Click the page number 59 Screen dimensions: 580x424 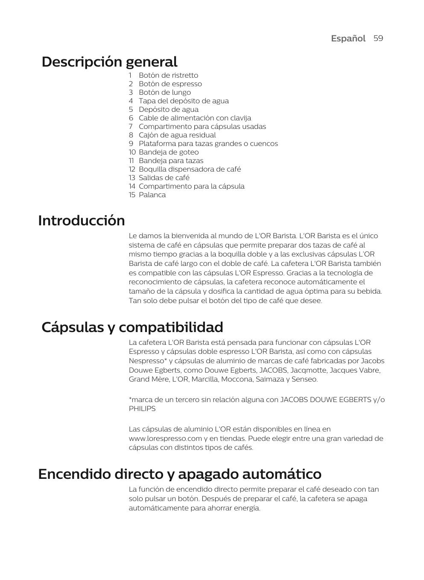click(x=378, y=38)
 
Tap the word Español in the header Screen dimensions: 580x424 click(x=348, y=38)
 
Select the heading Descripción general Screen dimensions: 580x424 click(x=109, y=62)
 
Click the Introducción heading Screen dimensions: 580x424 click(x=82, y=221)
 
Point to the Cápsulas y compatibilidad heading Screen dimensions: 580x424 click(x=132, y=327)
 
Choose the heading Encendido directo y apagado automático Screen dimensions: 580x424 click(x=180, y=474)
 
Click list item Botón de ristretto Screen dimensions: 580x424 click(x=168, y=75)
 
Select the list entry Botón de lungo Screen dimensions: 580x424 click(x=164, y=92)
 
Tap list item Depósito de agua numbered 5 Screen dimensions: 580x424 click(x=168, y=109)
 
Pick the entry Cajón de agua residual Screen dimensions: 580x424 click(x=177, y=135)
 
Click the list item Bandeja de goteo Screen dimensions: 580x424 click(x=169, y=152)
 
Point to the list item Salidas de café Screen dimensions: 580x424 click(x=164, y=178)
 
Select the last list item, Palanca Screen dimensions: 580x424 click(x=152, y=195)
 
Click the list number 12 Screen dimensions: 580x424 click(x=132, y=169)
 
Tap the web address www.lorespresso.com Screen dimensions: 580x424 click(x=165, y=438)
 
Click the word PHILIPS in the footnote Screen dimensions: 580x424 click(x=142, y=408)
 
